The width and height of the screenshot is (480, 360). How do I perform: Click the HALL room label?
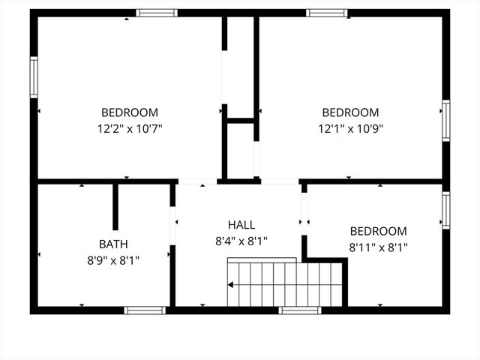coord(241,224)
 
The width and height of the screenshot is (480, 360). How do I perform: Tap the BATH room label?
coord(113,244)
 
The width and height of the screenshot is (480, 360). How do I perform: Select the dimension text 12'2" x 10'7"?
coord(130,128)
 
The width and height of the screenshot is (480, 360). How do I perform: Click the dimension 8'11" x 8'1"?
coord(378,247)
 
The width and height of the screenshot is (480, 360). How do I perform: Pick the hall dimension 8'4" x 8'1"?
coord(241,241)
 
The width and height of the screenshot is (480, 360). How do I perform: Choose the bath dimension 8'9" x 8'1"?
coord(113,260)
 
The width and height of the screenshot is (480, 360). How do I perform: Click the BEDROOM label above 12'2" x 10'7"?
coord(130,112)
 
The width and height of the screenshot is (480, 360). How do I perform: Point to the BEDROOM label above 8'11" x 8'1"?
coord(378,231)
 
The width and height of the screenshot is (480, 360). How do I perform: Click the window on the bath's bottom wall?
coord(145,310)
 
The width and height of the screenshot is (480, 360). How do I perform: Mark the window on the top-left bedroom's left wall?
coord(34,77)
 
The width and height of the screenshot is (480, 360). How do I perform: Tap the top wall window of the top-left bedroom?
coord(157,13)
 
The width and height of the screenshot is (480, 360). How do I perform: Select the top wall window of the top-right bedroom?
coord(327,13)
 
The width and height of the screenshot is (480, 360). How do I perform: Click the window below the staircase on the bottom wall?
coord(300,310)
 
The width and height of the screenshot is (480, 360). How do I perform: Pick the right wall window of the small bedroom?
coord(445,210)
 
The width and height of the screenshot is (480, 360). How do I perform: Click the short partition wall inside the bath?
coord(115,206)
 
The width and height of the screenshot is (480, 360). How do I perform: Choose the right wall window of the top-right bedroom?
coord(445,120)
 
